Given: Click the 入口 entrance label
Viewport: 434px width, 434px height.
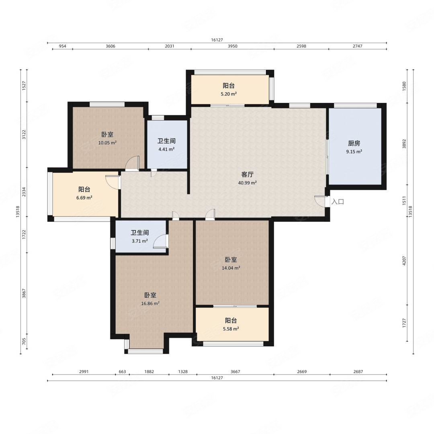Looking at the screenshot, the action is [338, 201].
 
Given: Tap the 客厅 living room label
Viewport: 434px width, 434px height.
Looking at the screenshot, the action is [248, 174].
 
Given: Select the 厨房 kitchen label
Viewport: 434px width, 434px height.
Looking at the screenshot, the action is [354, 143].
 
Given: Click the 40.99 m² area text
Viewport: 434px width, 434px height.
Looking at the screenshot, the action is [248, 183].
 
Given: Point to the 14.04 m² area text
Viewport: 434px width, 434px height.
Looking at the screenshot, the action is [231, 268].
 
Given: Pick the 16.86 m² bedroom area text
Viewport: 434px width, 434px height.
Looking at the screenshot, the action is [150, 303].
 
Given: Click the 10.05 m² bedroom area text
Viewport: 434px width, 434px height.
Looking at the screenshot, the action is [107, 143].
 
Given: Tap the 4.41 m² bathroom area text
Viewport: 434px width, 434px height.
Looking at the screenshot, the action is [166, 149].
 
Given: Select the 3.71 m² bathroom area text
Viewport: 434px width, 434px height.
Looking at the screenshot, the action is [140, 241].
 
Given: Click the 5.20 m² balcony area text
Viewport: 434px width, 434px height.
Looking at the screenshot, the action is [229, 94].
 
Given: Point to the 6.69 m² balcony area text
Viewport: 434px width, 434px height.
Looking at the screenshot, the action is [84, 198].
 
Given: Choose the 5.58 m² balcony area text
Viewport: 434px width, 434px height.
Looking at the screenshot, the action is [231, 329].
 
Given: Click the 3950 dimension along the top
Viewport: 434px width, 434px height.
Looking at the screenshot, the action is [233, 46].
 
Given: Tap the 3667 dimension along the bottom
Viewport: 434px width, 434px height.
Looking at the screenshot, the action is [235, 371].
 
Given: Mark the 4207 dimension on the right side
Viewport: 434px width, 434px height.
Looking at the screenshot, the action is [404, 261].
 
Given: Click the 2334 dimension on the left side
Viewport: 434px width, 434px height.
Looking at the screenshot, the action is [24, 192].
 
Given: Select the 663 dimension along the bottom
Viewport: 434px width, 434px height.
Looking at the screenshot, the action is [122, 371].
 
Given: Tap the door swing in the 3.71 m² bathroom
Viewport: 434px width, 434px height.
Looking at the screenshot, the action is [160, 241].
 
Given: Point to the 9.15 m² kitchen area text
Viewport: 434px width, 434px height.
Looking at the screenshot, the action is [354, 151].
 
